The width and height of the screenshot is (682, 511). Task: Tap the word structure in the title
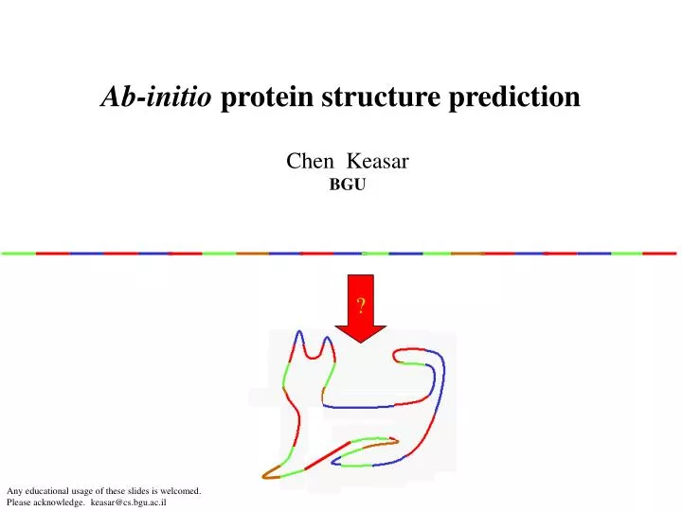click(367, 97)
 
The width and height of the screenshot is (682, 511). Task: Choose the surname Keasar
click(385, 162)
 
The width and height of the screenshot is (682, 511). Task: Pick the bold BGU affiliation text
click(347, 185)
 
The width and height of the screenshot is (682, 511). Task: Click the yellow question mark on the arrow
click(361, 305)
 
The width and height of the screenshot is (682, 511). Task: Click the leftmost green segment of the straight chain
click(18, 254)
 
